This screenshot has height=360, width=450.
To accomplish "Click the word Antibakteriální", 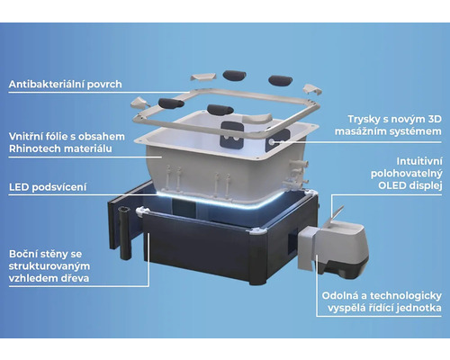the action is pos(48,84).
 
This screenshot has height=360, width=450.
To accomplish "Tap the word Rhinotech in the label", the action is pos(33,148).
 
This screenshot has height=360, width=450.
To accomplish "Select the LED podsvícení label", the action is pos(48,187).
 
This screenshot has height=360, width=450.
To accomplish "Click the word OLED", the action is pos(391,185).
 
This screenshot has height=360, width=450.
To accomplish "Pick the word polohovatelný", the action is pos(407,174).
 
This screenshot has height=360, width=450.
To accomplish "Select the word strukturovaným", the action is pos(49,266).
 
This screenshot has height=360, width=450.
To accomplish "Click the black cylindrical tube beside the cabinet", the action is pos(125,233).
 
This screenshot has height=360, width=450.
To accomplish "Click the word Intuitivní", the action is pos(419,161).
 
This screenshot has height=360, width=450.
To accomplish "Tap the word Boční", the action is pos(25,254).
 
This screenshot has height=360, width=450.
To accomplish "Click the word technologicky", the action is pos(406,296).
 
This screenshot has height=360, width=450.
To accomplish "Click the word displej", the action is pos(425,185).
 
